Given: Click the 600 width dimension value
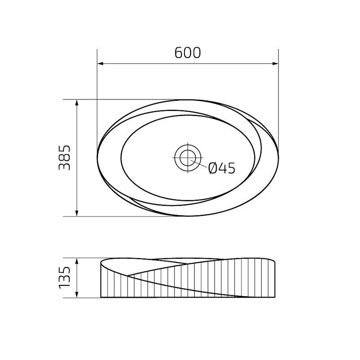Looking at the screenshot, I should (x=188, y=53).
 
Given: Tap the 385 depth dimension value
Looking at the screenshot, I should (x=65, y=157).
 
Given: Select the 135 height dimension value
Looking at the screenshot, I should (x=65, y=277).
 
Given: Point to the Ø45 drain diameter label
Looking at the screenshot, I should (x=222, y=168).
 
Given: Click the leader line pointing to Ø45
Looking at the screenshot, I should (x=201, y=165).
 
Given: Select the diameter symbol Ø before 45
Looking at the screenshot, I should (x=213, y=168).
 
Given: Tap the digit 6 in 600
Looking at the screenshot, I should (x=179, y=53).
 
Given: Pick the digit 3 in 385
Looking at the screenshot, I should (x=65, y=166).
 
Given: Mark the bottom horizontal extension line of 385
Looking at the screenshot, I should (x=112, y=216).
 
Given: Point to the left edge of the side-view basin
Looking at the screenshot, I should (x=100, y=279).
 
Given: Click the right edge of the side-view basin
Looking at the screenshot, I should (x=275, y=279).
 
